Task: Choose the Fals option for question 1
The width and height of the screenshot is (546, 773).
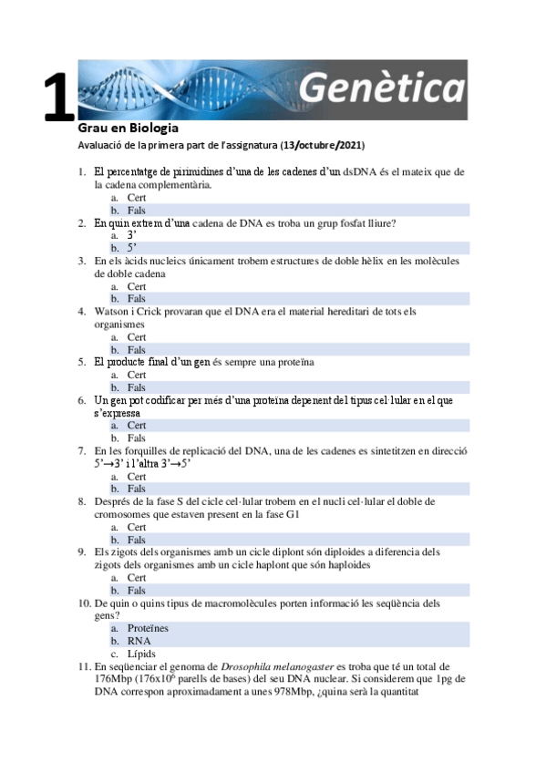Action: click(x=137, y=210)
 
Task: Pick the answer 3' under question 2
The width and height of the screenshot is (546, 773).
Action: click(x=132, y=235)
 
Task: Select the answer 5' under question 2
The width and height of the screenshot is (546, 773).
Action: click(x=132, y=248)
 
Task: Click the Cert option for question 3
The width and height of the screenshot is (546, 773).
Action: click(x=137, y=286)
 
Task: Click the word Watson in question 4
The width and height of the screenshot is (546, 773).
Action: click(x=113, y=311)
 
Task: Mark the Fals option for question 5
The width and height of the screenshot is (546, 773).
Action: click(x=137, y=387)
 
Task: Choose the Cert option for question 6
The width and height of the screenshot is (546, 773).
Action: click(x=137, y=426)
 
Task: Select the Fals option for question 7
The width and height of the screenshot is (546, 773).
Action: click(x=137, y=489)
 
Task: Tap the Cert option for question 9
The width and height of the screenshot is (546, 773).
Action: click(x=137, y=578)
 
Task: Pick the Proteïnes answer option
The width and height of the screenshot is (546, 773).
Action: click(x=148, y=629)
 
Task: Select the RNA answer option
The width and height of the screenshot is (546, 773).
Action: click(x=139, y=641)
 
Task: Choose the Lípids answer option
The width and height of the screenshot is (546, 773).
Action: click(x=142, y=654)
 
